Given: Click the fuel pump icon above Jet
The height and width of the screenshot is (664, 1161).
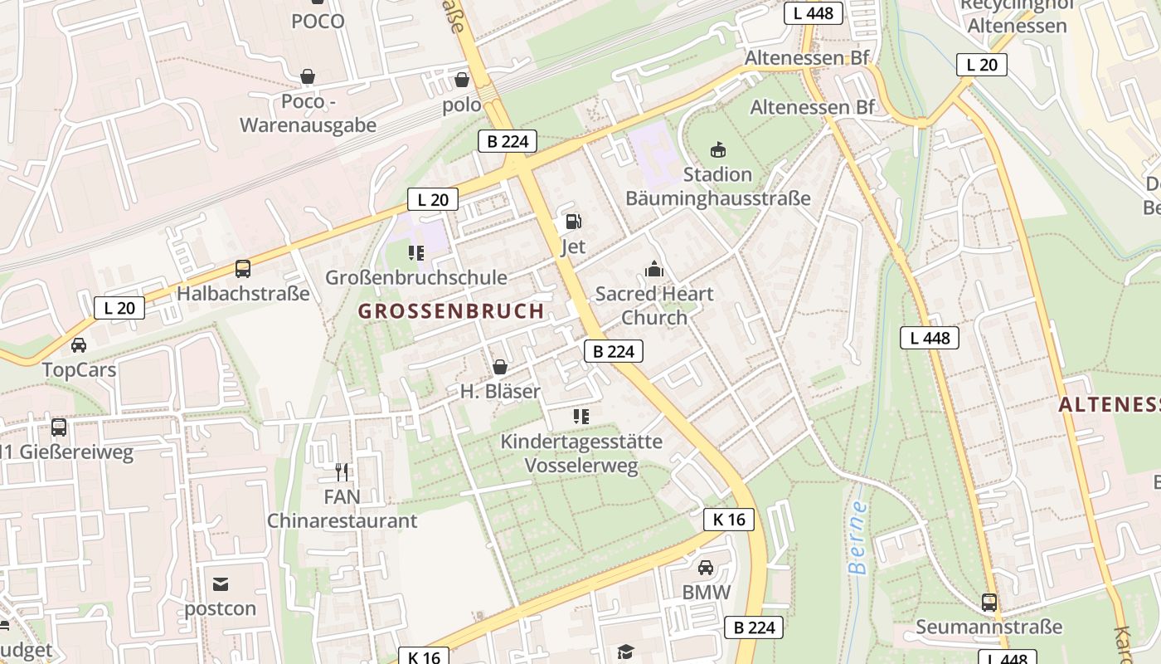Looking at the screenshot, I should pos(572,222).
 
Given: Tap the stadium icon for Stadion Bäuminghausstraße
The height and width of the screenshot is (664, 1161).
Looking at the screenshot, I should pos(717,150).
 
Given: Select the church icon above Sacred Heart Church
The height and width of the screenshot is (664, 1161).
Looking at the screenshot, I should pos(654,269).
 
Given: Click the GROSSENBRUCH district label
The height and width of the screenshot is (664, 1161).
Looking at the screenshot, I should pos(451,311).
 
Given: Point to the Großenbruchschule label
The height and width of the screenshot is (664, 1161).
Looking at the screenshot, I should pos(415,277).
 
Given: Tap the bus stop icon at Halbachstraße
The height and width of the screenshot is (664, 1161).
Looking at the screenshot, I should pos(242,269).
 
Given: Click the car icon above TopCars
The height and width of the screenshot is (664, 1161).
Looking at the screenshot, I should pos(79,345).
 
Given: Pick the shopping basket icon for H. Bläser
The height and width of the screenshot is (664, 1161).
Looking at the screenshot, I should pos(500,367).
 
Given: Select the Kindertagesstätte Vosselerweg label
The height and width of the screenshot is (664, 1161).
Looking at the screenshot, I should pos(581,453).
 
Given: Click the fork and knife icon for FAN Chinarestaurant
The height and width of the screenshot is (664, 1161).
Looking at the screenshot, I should pos(342,472).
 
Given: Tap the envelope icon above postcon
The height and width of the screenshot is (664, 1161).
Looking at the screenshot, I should pos(221,583).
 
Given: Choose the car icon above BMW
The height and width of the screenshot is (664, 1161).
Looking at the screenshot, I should pos(706,568).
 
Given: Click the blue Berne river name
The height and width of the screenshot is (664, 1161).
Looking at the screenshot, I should pos(857,537).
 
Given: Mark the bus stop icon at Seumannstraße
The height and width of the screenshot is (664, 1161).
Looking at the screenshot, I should pos(989,602).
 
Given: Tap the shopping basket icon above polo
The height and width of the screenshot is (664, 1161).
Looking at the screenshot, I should pos(462,80).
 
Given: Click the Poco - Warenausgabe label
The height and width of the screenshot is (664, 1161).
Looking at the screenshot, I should pos(308,113).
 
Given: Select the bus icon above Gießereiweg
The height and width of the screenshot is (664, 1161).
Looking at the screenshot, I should pos(59,427).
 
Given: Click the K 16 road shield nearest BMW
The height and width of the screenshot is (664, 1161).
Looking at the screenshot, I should pos(729,520).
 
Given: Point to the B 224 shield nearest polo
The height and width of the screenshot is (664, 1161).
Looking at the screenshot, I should pos(508,141).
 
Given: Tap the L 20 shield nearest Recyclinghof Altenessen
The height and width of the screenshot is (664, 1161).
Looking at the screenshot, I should pos(981,65).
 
